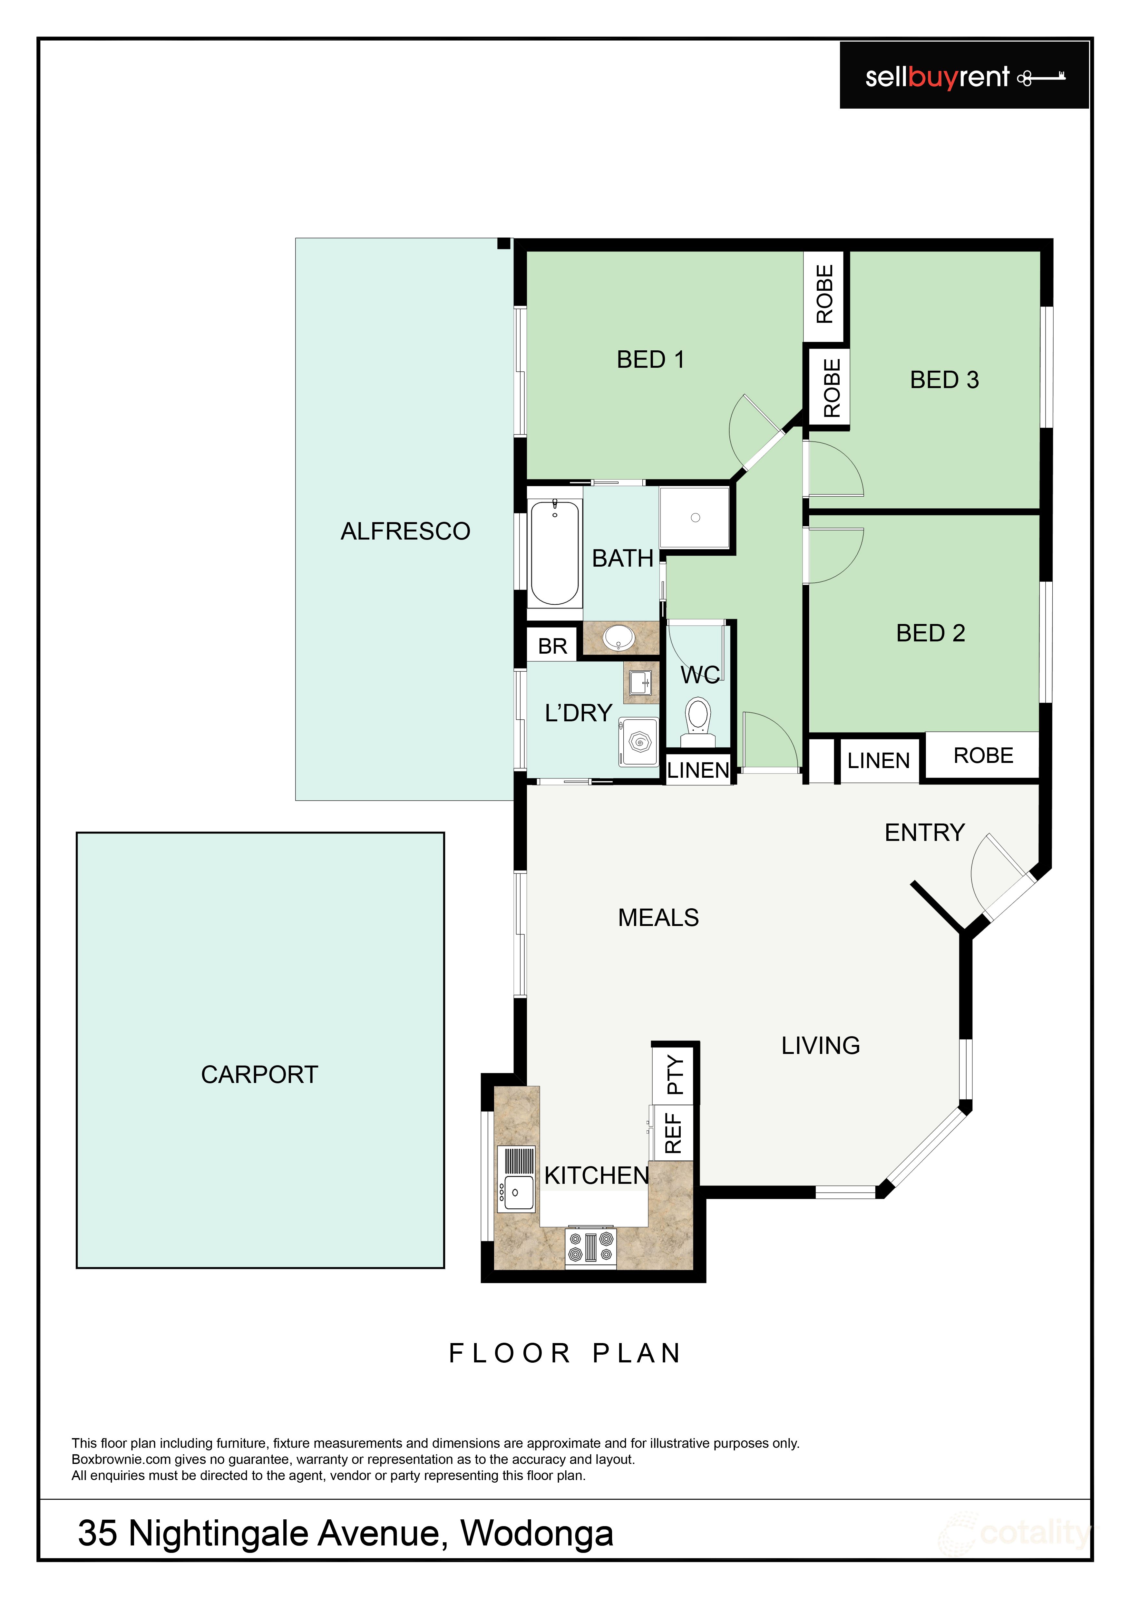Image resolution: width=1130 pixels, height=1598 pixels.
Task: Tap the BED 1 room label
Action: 651,360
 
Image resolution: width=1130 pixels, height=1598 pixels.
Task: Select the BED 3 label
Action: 944,380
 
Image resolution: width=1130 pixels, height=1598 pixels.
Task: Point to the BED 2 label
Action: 930,633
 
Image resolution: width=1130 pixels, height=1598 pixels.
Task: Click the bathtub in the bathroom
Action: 555,552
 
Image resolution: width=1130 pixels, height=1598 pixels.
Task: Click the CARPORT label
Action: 259,1075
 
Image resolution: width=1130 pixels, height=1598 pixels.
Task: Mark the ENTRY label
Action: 925,833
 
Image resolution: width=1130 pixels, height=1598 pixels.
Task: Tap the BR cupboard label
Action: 552,647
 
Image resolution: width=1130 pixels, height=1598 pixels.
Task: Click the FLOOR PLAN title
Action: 565,1354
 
